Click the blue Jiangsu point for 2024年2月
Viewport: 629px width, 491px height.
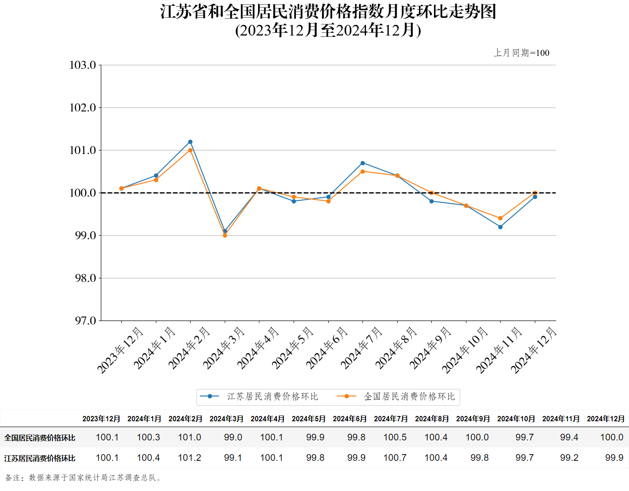click(x=190, y=142)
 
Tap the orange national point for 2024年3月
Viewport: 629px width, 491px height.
click(x=225, y=235)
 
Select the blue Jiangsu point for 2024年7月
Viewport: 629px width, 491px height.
click(x=363, y=163)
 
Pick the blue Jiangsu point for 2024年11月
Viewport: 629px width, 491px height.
click(x=500, y=227)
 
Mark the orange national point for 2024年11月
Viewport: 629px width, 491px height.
click(x=500, y=218)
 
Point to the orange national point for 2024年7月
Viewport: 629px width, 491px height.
click(x=363, y=171)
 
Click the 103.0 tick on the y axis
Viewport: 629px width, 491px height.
click(x=83, y=65)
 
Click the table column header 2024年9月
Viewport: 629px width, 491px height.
click(x=473, y=419)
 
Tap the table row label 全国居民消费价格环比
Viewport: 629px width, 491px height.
click(x=40, y=438)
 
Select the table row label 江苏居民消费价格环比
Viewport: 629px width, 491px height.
click(x=40, y=458)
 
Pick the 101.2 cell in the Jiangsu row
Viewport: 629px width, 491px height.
click(x=189, y=458)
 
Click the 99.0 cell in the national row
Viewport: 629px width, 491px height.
click(x=233, y=437)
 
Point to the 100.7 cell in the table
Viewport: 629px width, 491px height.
click(x=395, y=458)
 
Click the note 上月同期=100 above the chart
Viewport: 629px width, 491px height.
click(x=522, y=53)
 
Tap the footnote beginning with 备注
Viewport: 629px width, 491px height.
click(x=84, y=478)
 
